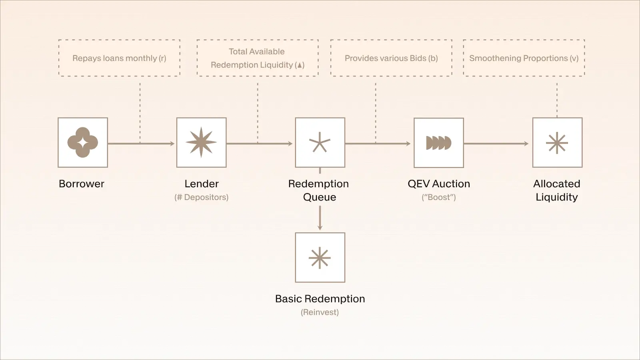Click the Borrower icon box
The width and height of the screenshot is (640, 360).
click(83, 142)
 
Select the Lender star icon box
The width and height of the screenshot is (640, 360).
click(201, 142)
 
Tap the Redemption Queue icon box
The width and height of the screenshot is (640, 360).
click(320, 142)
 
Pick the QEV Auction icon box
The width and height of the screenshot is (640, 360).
click(439, 143)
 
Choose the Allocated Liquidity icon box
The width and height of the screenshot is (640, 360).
click(557, 142)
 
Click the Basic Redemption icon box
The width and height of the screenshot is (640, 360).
click(320, 258)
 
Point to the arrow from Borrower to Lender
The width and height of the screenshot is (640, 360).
click(141, 144)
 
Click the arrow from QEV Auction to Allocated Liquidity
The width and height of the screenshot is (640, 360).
click(496, 144)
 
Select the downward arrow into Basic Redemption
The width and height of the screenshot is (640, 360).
click(320, 218)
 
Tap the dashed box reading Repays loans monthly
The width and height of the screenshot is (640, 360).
click(119, 58)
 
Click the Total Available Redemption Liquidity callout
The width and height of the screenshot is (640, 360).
click(258, 58)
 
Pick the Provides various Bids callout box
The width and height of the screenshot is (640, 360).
click(391, 58)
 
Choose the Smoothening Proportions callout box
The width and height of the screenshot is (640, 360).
click(524, 58)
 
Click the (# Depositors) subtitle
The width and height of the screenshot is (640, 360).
click(201, 197)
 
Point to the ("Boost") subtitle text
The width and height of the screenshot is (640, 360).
click(439, 197)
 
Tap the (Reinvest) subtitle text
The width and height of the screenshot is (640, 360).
click(320, 312)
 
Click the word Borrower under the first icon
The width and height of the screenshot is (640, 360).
click(82, 184)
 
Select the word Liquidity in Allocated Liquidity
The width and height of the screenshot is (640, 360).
click(557, 197)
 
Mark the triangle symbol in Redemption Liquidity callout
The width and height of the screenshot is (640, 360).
click(300, 65)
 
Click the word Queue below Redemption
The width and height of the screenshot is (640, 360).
click(320, 197)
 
